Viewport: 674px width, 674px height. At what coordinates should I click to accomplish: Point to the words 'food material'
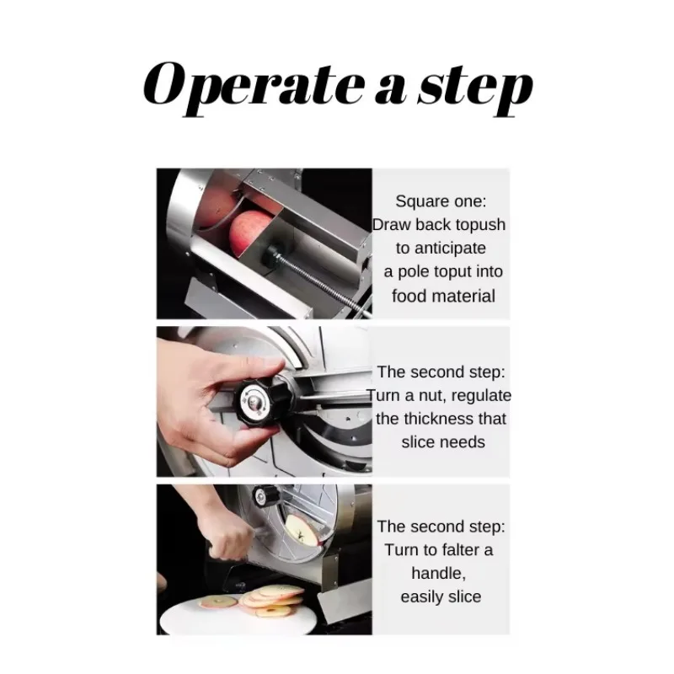[x=443, y=296]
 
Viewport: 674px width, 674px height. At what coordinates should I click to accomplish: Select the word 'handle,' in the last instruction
[x=440, y=573]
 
